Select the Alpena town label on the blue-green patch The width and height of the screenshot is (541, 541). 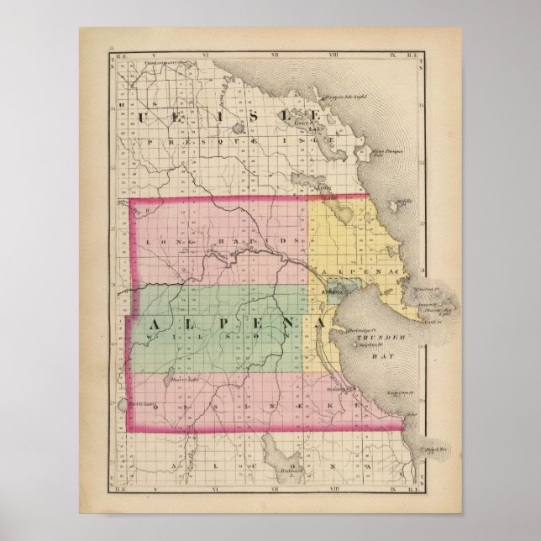click(x=329, y=292)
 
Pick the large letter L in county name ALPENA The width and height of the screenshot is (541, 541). click(x=180, y=323)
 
